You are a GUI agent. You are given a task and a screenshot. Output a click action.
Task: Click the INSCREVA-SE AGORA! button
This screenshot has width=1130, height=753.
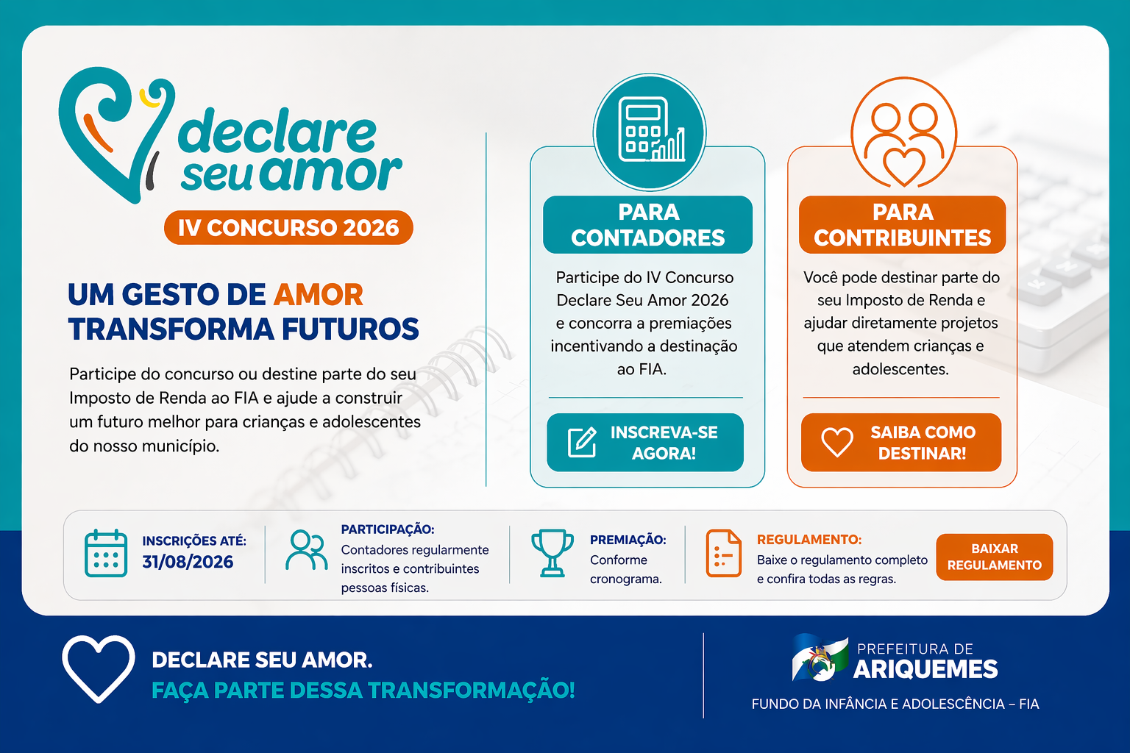(x=644, y=443)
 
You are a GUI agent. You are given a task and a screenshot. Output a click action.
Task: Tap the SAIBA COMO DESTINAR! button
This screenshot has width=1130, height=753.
(x=901, y=443)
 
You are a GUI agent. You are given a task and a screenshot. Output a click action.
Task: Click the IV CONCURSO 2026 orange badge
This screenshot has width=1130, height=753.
(x=288, y=227)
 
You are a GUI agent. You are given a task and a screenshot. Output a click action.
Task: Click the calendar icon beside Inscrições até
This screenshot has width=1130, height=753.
(x=106, y=553)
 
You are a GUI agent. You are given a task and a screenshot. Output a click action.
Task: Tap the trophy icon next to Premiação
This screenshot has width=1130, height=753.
(x=552, y=553)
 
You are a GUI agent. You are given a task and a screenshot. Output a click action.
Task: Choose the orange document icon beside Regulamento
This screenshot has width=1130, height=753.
(x=723, y=553)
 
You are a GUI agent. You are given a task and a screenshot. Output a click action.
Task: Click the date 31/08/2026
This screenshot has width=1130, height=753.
(x=188, y=562)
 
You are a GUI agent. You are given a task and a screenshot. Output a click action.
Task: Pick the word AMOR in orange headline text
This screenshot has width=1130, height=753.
(x=319, y=295)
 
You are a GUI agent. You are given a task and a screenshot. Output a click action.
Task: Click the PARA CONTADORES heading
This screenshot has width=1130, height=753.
(x=647, y=225)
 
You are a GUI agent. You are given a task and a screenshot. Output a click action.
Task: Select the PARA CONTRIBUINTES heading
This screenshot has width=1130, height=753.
(x=903, y=225)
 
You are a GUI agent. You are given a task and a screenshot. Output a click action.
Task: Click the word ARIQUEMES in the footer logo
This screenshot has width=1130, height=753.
(x=925, y=669)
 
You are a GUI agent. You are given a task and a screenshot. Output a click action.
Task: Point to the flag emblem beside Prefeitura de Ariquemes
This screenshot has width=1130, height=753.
(x=820, y=657)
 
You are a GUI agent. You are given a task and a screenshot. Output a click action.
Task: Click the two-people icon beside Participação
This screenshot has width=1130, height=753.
(x=306, y=550)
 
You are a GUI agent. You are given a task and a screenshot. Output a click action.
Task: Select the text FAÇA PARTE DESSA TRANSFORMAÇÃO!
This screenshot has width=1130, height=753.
(x=363, y=690)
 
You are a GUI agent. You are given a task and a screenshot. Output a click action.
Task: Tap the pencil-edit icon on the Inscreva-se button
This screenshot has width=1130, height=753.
(x=582, y=443)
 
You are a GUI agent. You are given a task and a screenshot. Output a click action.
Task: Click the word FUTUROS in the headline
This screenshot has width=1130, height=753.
(x=350, y=329)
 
